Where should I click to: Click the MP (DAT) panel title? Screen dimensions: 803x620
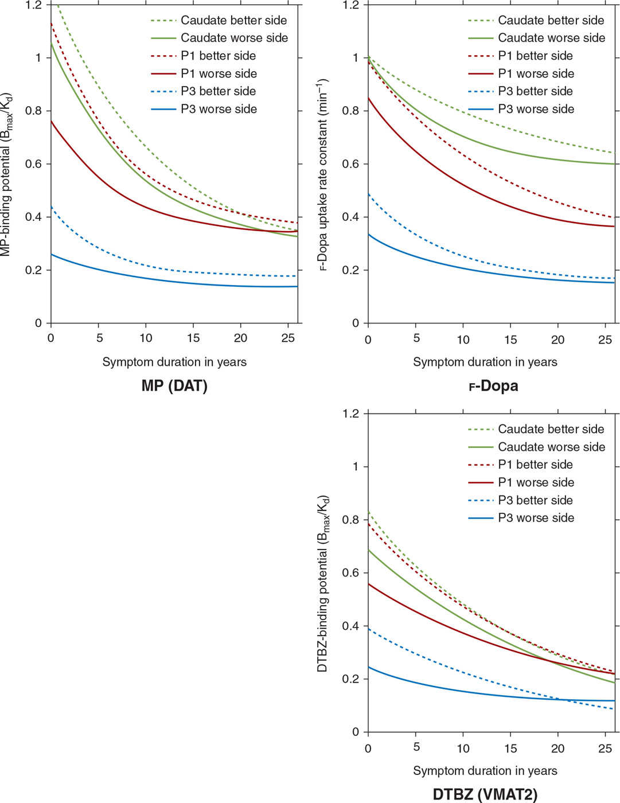pyautogui.click(x=174, y=386)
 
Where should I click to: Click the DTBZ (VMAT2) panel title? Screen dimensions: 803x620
pyautogui.click(x=485, y=794)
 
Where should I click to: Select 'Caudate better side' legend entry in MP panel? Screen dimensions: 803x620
pyautogui.click(x=233, y=20)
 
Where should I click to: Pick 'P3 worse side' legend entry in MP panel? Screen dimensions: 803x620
pyautogui.click(x=219, y=109)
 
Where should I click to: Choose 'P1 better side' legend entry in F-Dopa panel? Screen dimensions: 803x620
pyautogui.click(x=535, y=56)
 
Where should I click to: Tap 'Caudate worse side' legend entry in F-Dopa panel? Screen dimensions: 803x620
pyautogui.click(x=551, y=38)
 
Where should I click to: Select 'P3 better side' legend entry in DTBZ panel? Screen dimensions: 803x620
pyautogui.click(x=536, y=500)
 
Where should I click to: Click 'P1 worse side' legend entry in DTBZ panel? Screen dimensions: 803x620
pyautogui.click(x=536, y=482)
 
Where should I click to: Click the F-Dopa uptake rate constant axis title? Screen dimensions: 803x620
pyautogui.click(x=323, y=174)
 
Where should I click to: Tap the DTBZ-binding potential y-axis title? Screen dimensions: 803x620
pyautogui.click(x=323, y=583)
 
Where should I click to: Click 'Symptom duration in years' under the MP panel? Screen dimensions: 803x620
pyautogui.click(x=174, y=362)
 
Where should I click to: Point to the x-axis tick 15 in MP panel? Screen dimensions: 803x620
pyautogui.click(x=193, y=338)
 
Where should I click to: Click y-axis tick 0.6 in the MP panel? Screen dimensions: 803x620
pyautogui.click(x=34, y=164)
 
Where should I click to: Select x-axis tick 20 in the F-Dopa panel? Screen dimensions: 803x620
pyautogui.click(x=557, y=340)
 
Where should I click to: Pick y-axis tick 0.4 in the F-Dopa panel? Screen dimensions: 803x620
pyautogui.click(x=351, y=217)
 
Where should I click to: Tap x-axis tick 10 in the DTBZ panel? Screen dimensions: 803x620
pyautogui.click(x=463, y=749)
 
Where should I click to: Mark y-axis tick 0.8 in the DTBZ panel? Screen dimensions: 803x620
pyautogui.click(x=351, y=520)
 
